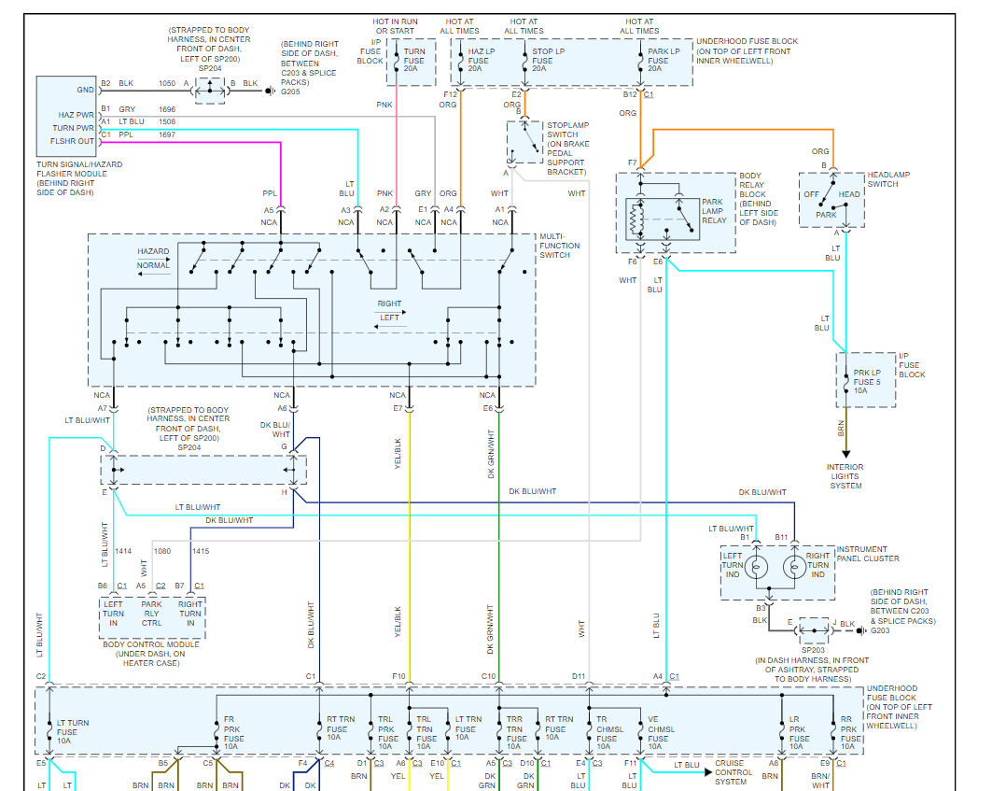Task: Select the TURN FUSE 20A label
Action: click(x=413, y=61)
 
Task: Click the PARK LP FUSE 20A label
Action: click(x=660, y=61)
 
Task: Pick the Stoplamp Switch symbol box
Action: click(x=524, y=141)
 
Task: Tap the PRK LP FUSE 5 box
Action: click(x=866, y=380)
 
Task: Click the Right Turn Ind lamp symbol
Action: click(x=793, y=567)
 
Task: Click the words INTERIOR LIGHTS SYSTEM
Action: click(x=845, y=476)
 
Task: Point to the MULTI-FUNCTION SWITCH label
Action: click(x=559, y=246)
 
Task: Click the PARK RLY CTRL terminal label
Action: click(x=151, y=614)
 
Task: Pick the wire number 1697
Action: click(x=167, y=134)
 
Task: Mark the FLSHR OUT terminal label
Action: click(x=73, y=141)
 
